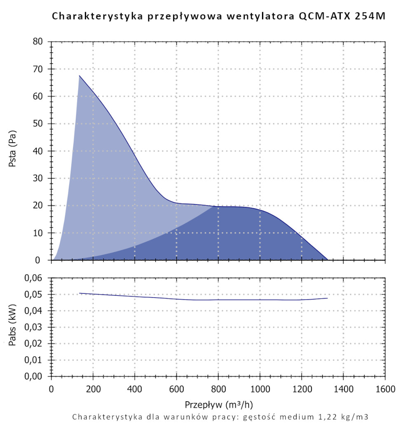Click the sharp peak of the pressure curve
(80, 75)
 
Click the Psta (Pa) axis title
(13, 151)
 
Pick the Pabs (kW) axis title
(13, 327)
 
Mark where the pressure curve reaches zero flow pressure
(328, 260)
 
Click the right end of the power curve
(328, 298)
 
